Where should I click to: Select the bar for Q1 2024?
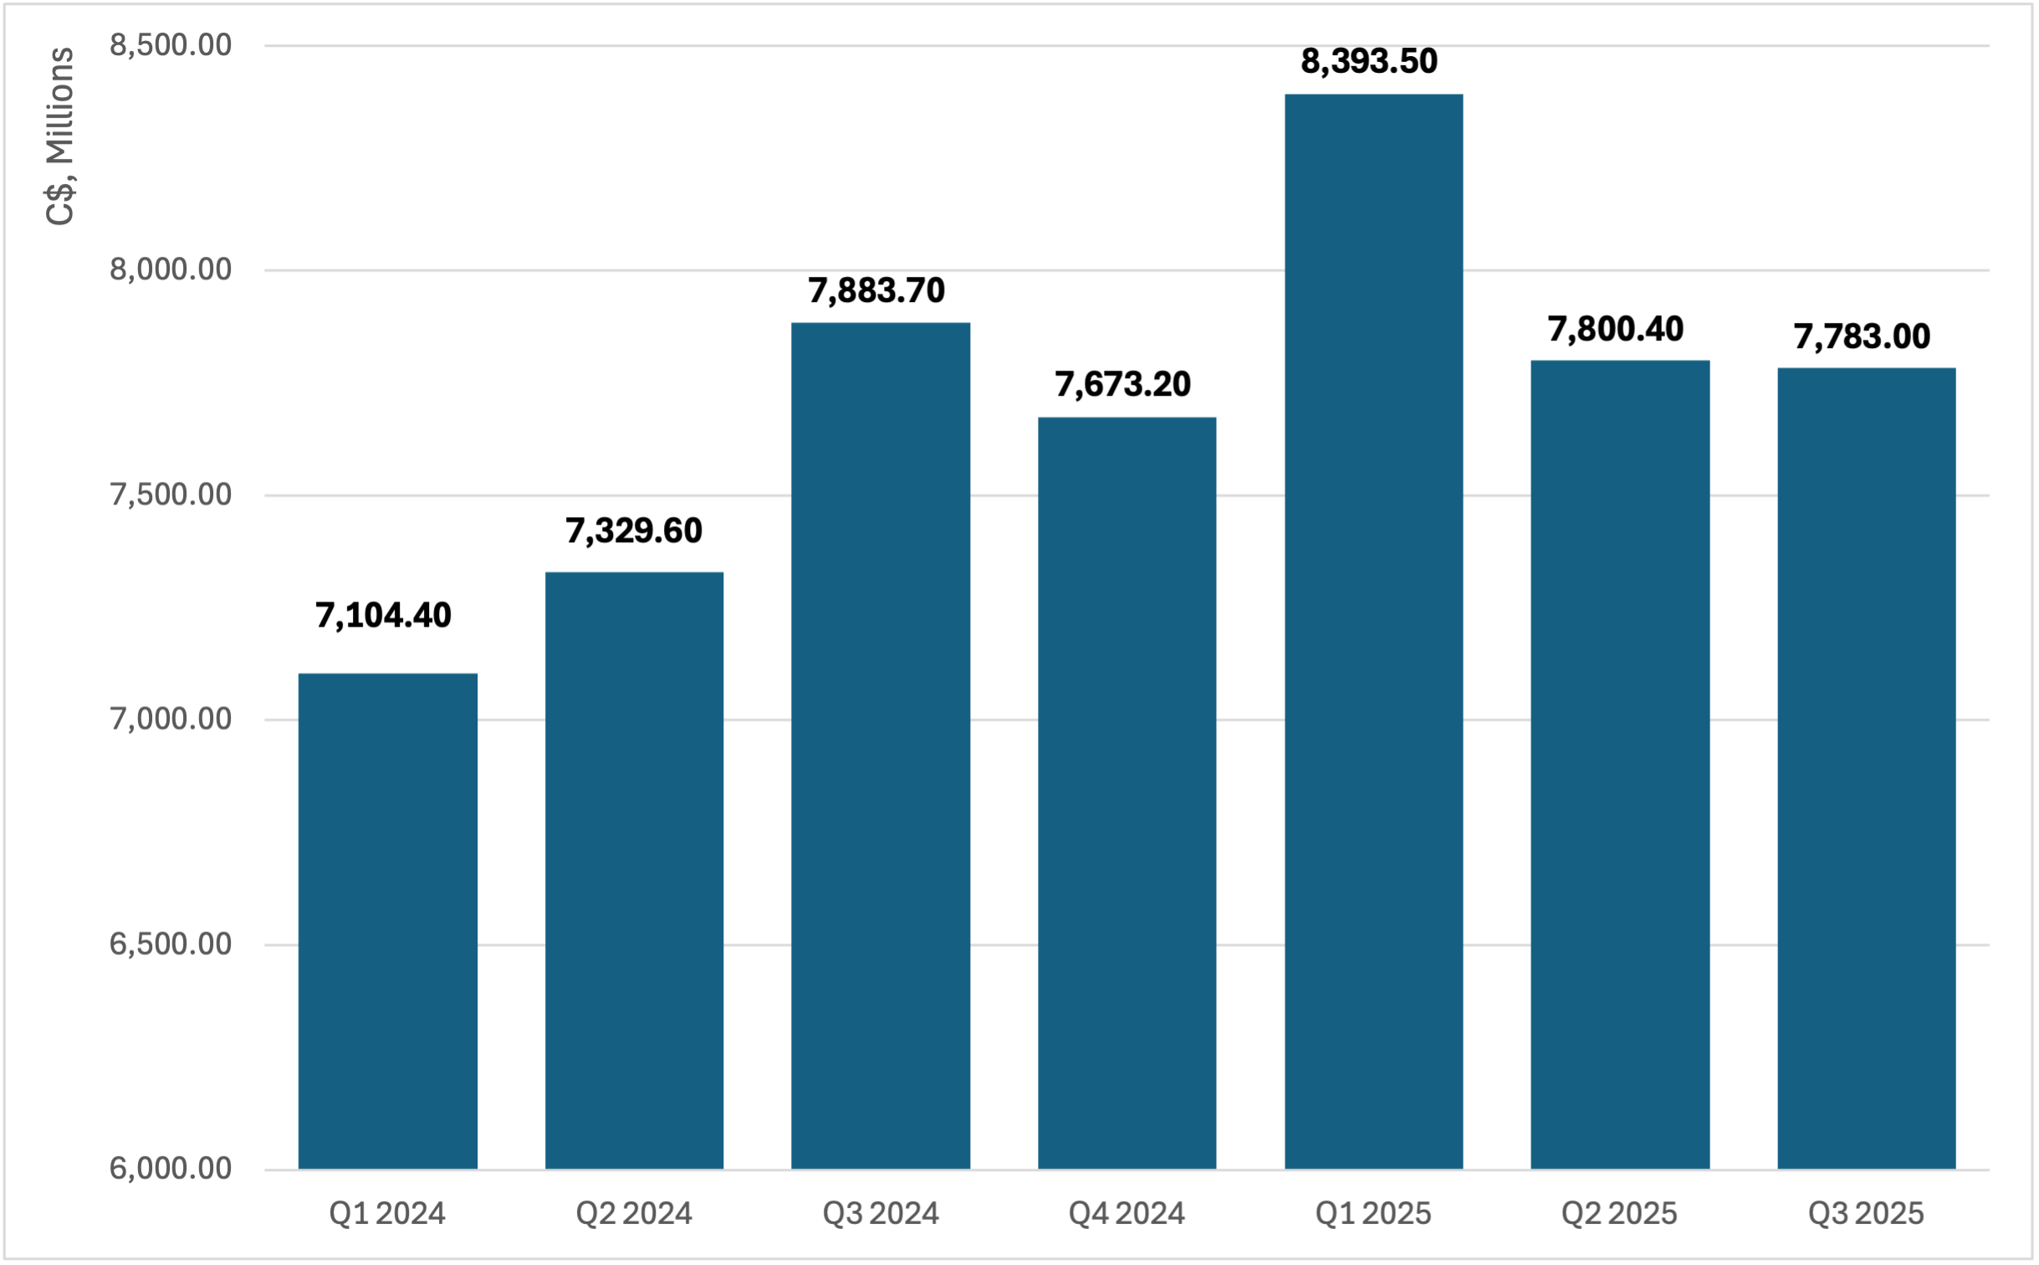pyautogui.click(x=387, y=920)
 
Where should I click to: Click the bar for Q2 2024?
pyautogui.click(x=634, y=870)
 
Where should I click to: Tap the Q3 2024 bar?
pyautogui.click(x=881, y=745)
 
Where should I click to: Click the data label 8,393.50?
pyautogui.click(x=1369, y=61)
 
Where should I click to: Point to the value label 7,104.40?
pyautogui.click(x=383, y=616)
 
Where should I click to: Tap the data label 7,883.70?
pyautogui.click(x=876, y=291)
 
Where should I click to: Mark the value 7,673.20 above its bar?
pyautogui.click(x=1122, y=385)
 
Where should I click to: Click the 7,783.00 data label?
pyautogui.click(x=1862, y=337)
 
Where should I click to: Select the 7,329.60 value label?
pyautogui.click(x=634, y=531)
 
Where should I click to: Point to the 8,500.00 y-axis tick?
pyautogui.click(x=171, y=45)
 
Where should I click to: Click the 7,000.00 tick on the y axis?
pyautogui.click(x=171, y=720)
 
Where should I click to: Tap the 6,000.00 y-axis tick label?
pyautogui.click(x=171, y=1169)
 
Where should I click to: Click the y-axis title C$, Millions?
pyautogui.click(x=60, y=136)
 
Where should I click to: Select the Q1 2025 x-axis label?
pyautogui.click(x=1373, y=1214)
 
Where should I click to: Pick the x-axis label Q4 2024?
pyautogui.click(x=1127, y=1214)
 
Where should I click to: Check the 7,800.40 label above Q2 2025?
pyautogui.click(x=1616, y=330)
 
